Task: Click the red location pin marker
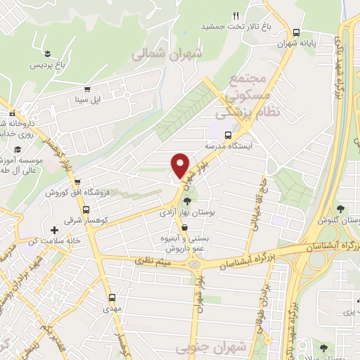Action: [x=181, y=165]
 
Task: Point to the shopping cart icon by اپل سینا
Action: [x=86, y=89]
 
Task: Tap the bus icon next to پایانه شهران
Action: [x=297, y=33]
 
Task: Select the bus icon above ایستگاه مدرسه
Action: [x=227, y=135]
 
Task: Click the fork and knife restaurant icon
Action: [x=236, y=15]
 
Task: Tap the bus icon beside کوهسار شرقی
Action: [x=86, y=210]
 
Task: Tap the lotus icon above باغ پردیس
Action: [x=47, y=54]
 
